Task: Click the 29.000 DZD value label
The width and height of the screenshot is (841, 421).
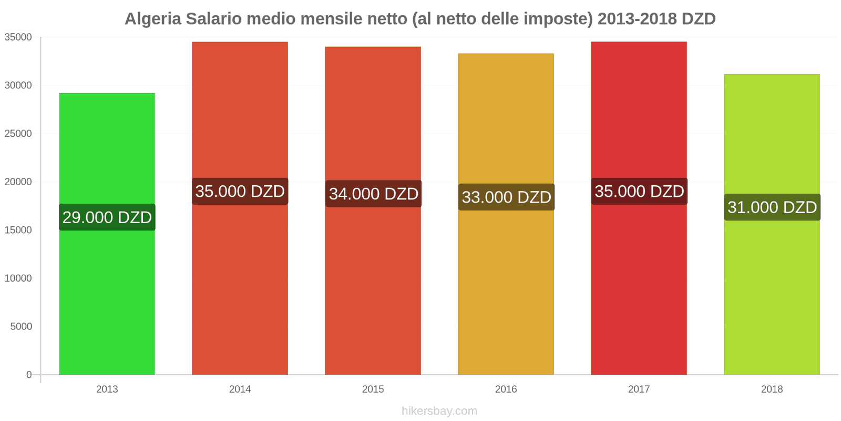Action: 107,217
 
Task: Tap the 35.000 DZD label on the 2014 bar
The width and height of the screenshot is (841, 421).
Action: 240,192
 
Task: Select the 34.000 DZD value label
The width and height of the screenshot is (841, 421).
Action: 373,194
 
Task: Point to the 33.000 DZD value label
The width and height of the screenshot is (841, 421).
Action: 506,197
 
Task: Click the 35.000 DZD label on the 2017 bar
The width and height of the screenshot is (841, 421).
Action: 639,192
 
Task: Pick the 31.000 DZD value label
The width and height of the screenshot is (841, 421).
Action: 772,207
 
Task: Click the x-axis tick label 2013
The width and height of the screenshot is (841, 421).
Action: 107,389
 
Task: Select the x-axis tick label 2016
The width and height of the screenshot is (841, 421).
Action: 506,389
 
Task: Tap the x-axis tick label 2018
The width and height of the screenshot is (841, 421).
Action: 772,389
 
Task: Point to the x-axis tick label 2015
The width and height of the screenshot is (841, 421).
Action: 373,389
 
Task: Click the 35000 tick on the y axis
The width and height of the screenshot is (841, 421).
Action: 18,37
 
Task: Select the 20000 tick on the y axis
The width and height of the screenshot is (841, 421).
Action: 18,182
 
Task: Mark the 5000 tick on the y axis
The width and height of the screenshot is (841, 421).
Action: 21,327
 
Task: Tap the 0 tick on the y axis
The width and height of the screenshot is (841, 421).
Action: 29,375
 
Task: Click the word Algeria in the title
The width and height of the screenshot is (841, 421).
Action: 153,19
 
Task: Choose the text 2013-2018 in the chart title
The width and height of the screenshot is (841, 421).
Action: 637,19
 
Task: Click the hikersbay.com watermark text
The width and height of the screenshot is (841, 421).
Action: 439,411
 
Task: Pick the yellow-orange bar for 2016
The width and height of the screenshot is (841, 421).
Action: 506,295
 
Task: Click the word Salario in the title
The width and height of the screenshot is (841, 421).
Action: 214,19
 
